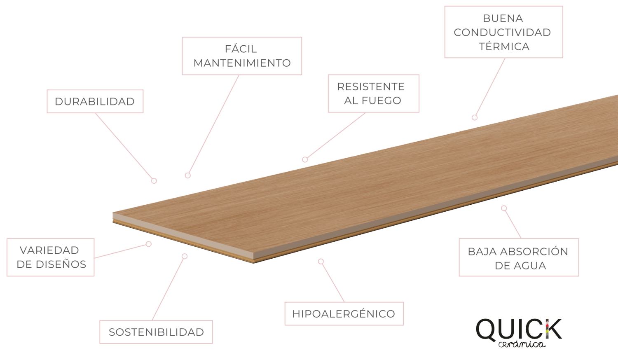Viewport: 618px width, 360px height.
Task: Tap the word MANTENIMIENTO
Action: pyautogui.click(x=242, y=63)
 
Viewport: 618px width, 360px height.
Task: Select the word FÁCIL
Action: pyautogui.click(x=241, y=49)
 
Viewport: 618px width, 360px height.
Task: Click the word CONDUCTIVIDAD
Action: pyautogui.click(x=502, y=33)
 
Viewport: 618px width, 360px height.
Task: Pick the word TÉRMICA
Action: pyautogui.click(x=504, y=47)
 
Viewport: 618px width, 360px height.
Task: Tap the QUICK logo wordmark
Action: pyautogui.click(x=519, y=329)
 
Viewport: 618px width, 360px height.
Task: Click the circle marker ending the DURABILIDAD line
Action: pyautogui.click(x=154, y=181)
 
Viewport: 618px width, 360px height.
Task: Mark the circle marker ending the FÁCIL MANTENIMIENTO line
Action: pyautogui.click(x=187, y=175)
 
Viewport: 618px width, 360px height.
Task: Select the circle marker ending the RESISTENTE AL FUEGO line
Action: pyautogui.click(x=305, y=159)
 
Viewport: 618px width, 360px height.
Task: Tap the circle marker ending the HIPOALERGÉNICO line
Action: pyautogui.click(x=321, y=261)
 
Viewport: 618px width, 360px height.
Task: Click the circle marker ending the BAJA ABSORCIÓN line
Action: pyautogui.click(x=504, y=208)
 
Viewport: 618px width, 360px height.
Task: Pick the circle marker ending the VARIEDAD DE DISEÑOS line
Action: pyautogui.click(x=149, y=244)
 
